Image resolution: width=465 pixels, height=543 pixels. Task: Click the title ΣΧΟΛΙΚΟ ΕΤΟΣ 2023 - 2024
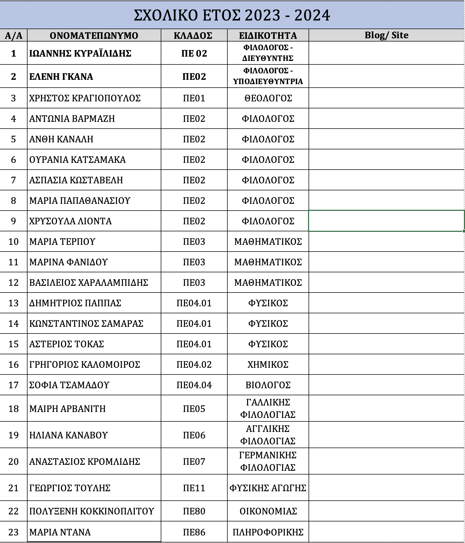(232, 15)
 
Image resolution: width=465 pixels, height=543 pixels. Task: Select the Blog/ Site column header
(386, 35)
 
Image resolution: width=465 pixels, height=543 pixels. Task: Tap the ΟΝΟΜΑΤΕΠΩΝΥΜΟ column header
(94, 36)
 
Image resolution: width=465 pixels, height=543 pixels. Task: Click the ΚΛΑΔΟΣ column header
(194, 36)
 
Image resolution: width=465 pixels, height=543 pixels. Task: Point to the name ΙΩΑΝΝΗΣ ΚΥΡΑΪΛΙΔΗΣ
(80, 53)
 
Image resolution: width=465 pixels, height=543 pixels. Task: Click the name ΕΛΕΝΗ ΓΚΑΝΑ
(61, 77)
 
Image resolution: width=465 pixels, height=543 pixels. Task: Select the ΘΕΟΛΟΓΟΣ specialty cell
(268, 98)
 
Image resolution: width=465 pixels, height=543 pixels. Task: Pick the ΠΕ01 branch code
(194, 98)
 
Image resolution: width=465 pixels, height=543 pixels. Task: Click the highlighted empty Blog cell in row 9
(386, 221)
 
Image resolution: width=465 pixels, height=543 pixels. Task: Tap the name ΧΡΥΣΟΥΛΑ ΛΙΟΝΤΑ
(70, 221)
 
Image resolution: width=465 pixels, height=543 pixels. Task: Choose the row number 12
(13, 283)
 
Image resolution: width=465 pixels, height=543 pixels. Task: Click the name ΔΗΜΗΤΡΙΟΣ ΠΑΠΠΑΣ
(75, 303)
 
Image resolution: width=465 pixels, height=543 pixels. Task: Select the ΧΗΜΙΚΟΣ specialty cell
(268, 365)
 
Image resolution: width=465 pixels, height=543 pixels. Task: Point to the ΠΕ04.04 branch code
(194, 385)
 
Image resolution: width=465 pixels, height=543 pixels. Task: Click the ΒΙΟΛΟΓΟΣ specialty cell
(268, 385)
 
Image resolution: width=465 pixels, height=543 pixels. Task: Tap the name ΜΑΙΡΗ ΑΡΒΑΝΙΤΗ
(67, 409)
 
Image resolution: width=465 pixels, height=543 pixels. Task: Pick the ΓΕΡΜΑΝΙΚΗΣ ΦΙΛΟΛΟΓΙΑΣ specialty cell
(268, 461)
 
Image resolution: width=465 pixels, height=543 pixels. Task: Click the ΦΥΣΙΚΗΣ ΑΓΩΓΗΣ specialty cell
(268, 488)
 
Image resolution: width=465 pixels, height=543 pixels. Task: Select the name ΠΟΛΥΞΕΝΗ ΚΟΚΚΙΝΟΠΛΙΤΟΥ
(91, 511)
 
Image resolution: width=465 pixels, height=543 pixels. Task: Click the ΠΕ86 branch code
(194, 532)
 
